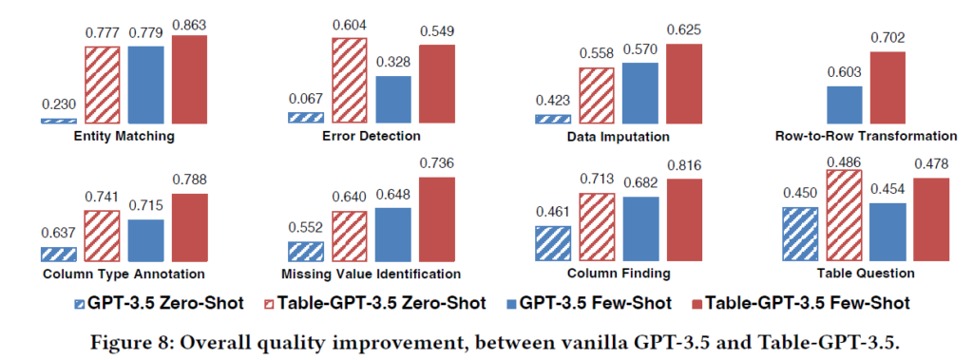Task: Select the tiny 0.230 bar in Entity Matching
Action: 58,122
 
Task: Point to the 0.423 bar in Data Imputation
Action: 553,119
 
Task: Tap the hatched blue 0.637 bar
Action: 58,255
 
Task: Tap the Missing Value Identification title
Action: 371,274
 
